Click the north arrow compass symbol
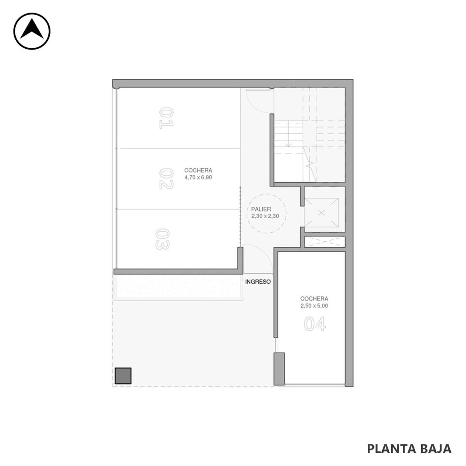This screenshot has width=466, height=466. tap(32, 31)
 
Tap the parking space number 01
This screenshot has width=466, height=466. tap(166, 118)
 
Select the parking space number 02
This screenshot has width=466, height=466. tap(166, 179)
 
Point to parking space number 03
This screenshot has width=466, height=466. tap(162, 239)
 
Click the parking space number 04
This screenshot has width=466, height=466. tap(315, 324)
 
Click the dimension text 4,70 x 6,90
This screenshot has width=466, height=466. tap(198, 178)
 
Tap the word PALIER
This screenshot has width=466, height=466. tap(261, 209)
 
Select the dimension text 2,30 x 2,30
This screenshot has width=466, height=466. tap(265, 216)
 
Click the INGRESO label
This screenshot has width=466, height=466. tap(258, 282)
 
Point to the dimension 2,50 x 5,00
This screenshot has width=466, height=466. tap(314, 306)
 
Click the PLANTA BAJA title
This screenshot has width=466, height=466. tap(409, 449)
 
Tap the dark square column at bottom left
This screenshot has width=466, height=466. tap(123, 376)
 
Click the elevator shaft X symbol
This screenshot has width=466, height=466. tap(322, 213)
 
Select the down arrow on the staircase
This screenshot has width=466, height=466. tap(288, 133)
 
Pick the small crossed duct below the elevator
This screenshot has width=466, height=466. tap(325, 242)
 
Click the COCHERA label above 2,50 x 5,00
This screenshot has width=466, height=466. tap(314, 299)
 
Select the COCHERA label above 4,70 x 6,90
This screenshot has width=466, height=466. tap(198, 170)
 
